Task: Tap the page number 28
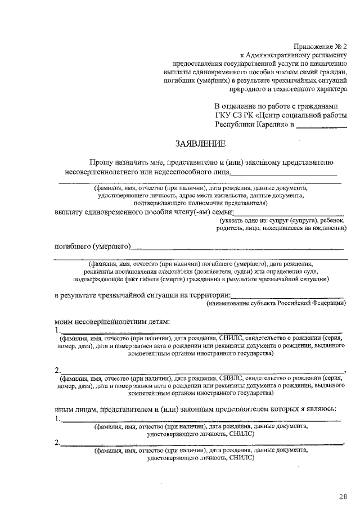[343, 496]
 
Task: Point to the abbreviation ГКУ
[225, 116]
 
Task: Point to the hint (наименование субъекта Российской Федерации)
[276, 304]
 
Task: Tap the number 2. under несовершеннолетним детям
[57, 371]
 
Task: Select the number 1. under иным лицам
[57, 419]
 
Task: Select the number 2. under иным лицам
[57, 443]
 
